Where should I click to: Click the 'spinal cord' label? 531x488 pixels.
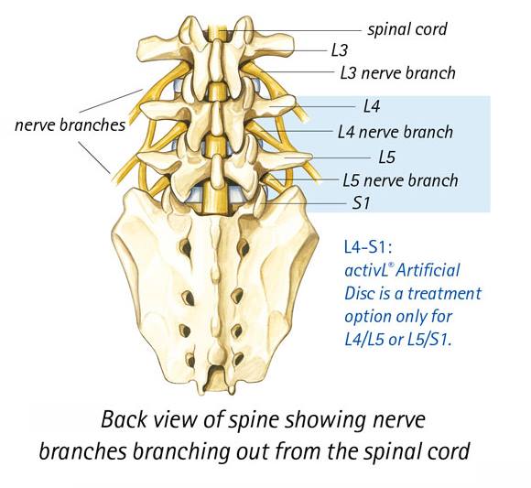(x=407, y=29)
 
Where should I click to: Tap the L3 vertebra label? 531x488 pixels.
(x=340, y=50)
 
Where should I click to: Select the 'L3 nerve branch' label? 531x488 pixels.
(x=398, y=73)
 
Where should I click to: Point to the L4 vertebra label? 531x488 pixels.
(x=372, y=107)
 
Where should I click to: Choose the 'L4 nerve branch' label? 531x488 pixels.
(x=396, y=132)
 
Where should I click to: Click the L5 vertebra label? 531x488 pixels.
(x=386, y=157)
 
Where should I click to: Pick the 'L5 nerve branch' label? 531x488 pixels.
(x=400, y=180)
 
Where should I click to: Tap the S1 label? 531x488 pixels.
(x=361, y=203)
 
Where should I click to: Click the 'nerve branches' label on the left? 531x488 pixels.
(x=70, y=125)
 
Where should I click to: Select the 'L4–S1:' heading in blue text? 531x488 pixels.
(x=368, y=247)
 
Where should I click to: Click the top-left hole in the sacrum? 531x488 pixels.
(x=185, y=247)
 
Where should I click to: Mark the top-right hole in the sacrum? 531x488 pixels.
(x=244, y=247)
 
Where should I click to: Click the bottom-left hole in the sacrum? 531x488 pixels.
(x=190, y=359)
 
